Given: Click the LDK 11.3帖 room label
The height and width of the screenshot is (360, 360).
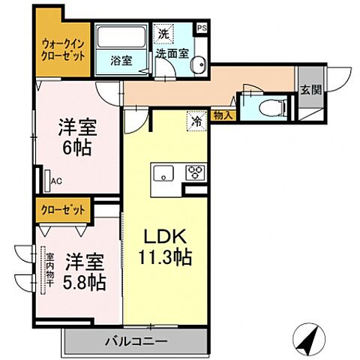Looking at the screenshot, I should click(166, 246).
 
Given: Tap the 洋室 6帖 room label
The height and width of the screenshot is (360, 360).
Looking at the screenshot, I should click(76, 136).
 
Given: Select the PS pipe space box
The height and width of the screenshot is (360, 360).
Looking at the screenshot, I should click(201, 29).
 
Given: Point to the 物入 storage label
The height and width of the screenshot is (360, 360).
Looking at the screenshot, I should click(222, 115).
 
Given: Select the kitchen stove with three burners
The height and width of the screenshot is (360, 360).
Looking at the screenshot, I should click(196, 172).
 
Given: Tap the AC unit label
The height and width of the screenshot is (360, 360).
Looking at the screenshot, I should click(55, 180).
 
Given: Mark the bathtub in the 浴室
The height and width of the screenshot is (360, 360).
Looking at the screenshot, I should click(121, 37).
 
